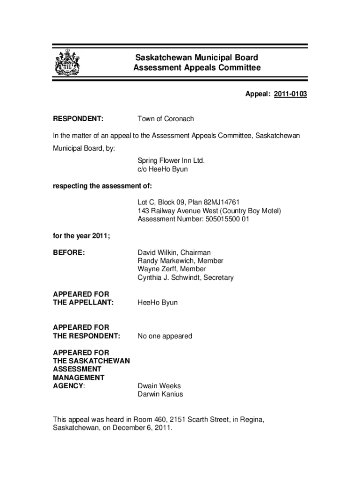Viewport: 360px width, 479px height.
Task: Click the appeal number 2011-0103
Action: point(290,94)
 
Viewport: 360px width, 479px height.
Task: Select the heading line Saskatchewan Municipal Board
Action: point(196,58)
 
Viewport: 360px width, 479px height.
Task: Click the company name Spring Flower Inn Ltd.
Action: point(171,161)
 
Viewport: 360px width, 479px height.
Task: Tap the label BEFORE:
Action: point(69,253)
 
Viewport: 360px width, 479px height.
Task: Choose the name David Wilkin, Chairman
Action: point(174,253)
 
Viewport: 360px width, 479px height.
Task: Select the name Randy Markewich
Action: point(166,261)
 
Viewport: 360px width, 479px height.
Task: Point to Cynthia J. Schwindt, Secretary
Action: point(185,278)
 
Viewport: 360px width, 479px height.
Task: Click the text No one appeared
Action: point(165,336)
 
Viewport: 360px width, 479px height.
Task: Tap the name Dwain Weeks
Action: point(159,386)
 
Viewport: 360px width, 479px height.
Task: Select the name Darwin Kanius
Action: point(160,394)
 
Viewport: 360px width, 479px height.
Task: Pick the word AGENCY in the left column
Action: point(68,386)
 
